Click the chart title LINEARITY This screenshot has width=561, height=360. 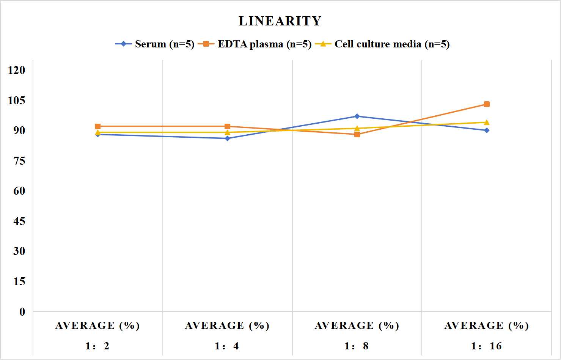(x=280, y=21)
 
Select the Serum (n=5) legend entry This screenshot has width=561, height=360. (x=155, y=44)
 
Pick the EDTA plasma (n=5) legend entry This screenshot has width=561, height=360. (x=255, y=44)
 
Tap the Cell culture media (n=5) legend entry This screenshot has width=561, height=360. (x=382, y=44)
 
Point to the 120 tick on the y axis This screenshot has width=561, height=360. (x=17, y=70)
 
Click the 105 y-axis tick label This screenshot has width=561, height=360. (x=17, y=101)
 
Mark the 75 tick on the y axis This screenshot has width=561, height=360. (x=19, y=161)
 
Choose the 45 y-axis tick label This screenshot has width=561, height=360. (x=19, y=221)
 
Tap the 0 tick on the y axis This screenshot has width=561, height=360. (x=22, y=312)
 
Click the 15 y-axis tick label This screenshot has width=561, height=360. (x=19, y=281)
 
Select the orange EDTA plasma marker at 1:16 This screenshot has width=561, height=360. (x=487, y=104)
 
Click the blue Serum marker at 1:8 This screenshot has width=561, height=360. (x=357, y=116)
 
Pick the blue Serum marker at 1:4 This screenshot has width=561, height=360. (x=228, y=138)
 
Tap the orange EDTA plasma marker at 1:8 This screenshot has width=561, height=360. (x=357, y=135)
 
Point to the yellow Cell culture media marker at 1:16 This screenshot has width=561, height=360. (x=487, y=123)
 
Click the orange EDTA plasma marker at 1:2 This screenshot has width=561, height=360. (x=98, y=126)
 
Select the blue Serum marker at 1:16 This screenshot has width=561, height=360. (x=487, y=130)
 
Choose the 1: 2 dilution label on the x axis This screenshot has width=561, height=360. (x=97, y=346)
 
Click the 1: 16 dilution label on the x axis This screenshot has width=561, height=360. (x=486, y=346)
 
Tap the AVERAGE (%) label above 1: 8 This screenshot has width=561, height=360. (x=357, y=326)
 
